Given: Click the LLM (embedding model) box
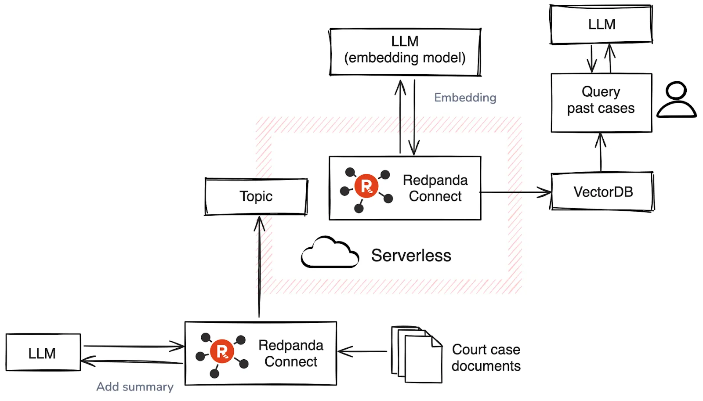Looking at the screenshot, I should (x=405, y=52).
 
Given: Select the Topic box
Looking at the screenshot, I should (x=256, y=196).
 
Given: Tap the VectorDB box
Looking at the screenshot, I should (x=602, y=192).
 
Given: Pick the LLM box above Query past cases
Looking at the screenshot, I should (x=601, y=25).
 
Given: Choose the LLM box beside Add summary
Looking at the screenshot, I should (x=43, y=353).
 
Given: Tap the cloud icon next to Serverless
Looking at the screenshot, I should (x=330, y=253).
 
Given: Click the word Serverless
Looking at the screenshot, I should (x=411, y=256).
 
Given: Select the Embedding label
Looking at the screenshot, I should (x=465, y=98).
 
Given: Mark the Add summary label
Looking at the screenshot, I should (x=135, y=387).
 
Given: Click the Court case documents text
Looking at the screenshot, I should (x=486, y=358).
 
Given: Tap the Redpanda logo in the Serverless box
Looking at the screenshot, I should (x=367, y=187).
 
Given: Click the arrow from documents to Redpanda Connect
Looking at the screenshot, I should (x=363, y=351).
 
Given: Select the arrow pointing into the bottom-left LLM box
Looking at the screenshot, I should (x=132, y=362).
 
